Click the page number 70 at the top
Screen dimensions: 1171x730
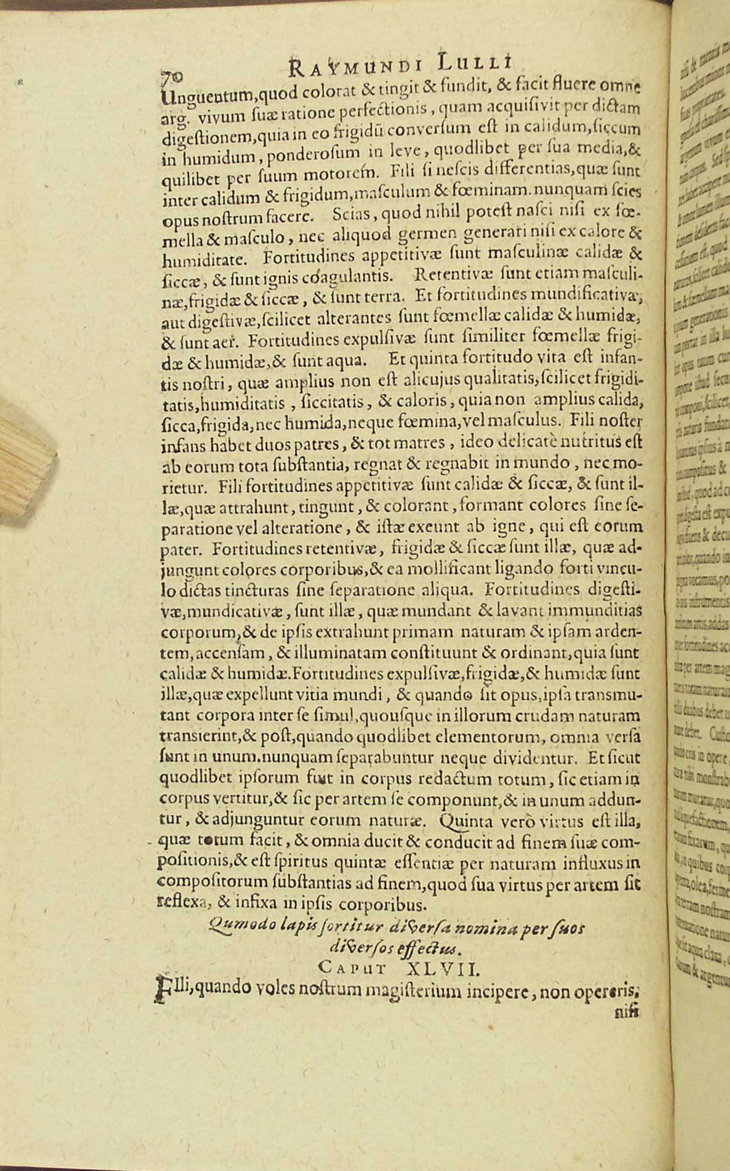[171, 74]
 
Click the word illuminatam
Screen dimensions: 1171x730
[355, 655]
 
